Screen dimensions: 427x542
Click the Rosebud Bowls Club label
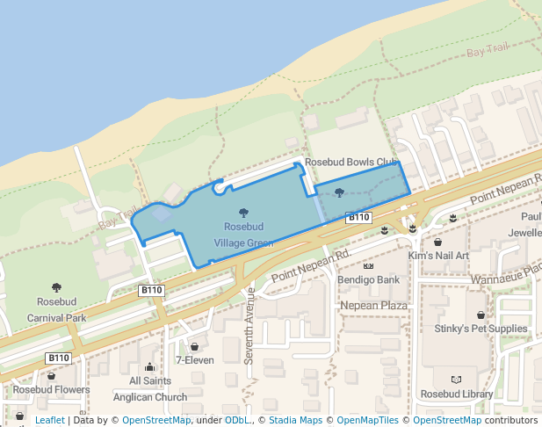tap(350, 162)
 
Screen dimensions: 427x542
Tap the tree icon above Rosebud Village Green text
tap(243, 212)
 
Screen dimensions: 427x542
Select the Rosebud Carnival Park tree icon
tap(56, 287)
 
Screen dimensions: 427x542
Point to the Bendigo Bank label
tap(368, 280)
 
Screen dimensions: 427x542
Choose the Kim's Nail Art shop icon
tap(437, 242)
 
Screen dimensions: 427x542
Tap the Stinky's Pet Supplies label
tap(480, 329)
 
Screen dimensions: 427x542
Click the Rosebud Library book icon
tap(455, 380)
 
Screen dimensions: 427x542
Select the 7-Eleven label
tap(194, 359)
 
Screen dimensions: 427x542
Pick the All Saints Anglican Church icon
tap(149, 367)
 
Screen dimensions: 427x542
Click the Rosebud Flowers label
tap(51, 389)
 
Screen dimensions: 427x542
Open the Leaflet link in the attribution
tap(49, 420)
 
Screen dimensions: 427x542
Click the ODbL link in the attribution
tap(236, 420)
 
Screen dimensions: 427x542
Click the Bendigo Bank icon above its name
tap(368, 266)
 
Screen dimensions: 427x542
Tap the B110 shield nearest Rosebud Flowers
tap(58, 358)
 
